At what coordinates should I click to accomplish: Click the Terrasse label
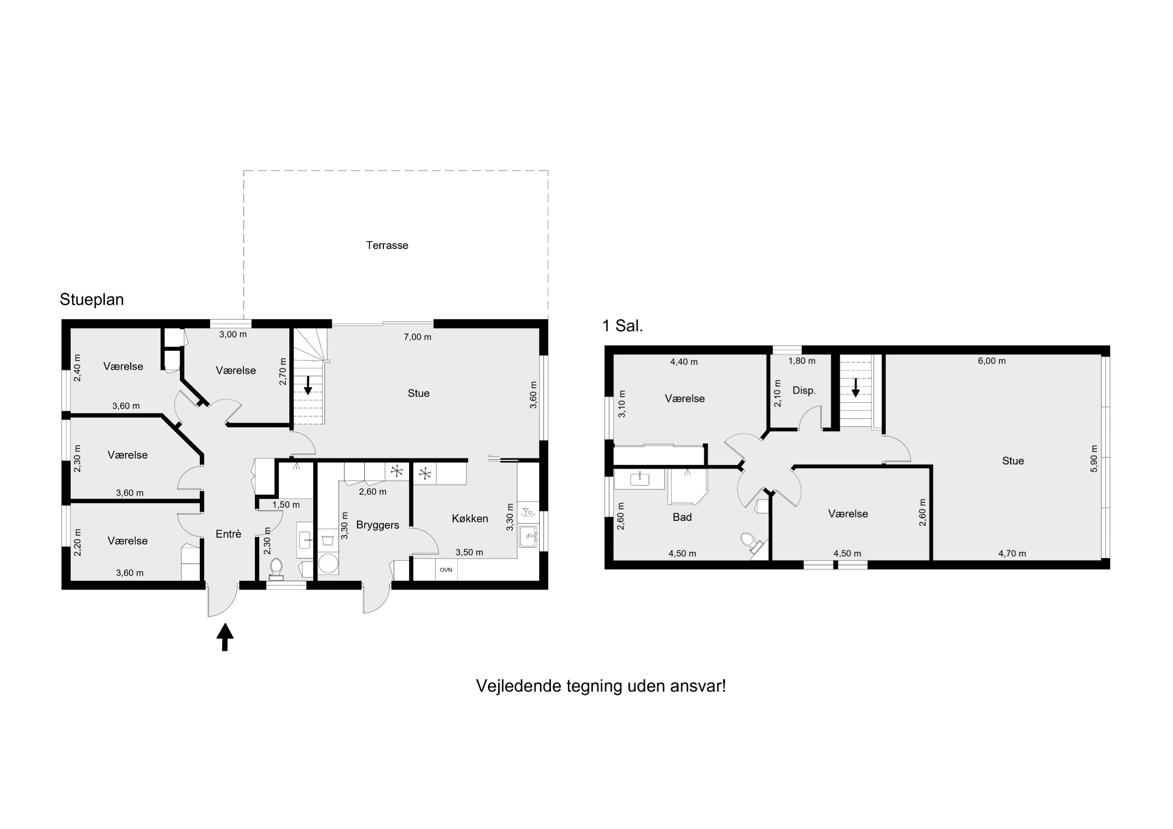coord(387,245)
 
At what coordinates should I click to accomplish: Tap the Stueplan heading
coord(91,299)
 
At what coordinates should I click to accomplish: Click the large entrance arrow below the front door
coord(225,637)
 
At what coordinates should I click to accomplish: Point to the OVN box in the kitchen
coord(446,569)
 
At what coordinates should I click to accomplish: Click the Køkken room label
coord(470,518)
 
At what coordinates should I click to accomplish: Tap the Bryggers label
coord(378,525)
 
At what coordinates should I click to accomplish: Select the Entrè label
coord(228,534)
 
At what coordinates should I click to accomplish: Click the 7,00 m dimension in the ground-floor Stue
coord(418,337)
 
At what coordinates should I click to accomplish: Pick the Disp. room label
coord(804,391)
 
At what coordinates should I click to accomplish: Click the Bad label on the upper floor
coord(682,517)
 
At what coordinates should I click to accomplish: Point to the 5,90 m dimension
coord(1094,459)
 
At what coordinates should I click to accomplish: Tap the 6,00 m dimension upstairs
coord(992,361)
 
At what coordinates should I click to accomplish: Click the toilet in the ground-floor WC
coord(276,569)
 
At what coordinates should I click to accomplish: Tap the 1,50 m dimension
coord(286,505)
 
